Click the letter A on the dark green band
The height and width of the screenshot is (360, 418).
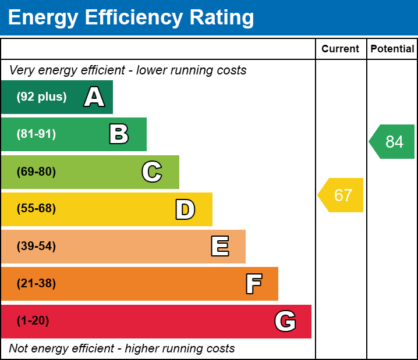coord(94,97)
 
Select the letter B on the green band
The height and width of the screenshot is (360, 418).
coord(119,134)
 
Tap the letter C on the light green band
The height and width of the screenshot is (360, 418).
coord(152,172)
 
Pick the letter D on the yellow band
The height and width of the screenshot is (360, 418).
coord(185,209)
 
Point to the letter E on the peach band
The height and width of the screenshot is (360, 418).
coord(219,247)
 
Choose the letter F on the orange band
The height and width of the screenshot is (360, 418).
coord(253,284)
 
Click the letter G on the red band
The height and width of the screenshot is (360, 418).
coord(285,321)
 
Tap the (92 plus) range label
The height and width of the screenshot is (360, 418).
coord(41,97)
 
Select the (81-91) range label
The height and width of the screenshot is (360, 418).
coord(36,134)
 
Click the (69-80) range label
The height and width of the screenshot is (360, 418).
coord(36,172)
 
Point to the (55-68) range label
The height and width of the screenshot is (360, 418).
coord(36,209)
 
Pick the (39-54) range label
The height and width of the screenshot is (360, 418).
coord(36,247)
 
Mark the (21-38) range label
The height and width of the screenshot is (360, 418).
coord(36,284)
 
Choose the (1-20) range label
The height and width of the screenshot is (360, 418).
coord(33,321)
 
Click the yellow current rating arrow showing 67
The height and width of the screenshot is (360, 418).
coord(342,195)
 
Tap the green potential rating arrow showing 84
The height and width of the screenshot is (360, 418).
coord(393,142)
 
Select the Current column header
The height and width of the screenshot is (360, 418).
coord(341,49)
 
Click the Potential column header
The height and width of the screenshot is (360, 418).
coord(392,49)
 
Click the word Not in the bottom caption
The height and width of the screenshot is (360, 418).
coord(19,349)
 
